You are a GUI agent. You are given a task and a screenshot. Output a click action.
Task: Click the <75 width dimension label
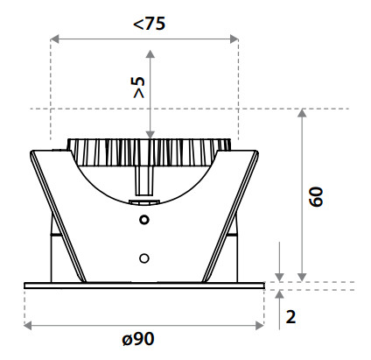(x=150, y=23)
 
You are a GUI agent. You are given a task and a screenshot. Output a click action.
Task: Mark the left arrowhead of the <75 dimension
(x=55, y=39)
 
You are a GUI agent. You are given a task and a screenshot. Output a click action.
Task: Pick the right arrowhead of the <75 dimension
(x=234, y=39)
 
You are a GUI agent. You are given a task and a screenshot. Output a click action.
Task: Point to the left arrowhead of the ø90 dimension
(x=29, y=325)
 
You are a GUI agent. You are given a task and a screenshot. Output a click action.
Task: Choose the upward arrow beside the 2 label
(x=278, y=294)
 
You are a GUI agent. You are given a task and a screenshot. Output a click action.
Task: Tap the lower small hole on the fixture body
(x=144, y=258)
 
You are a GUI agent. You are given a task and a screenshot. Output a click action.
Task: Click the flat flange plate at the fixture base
(x=144, y=285)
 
